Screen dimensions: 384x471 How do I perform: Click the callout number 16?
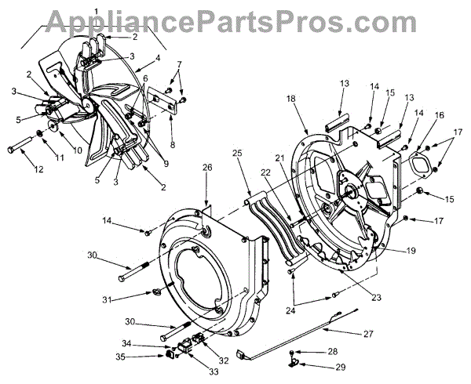click(440, 115)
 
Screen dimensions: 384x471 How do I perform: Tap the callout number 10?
click(56, 150)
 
